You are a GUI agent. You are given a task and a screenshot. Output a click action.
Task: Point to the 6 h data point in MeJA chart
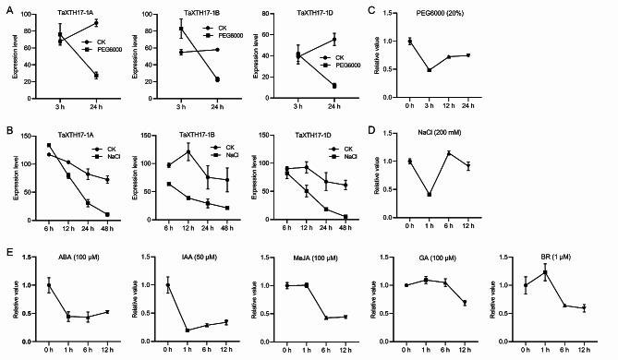pyautogui.click(x=330, y=318)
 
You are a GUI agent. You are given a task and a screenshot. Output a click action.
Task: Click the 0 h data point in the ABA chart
pyautogui.click(x=49, y=285)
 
